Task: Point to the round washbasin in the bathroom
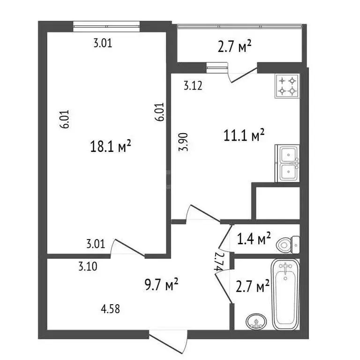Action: [x=256, y=322]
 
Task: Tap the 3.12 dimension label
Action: [x=192, y=86]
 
